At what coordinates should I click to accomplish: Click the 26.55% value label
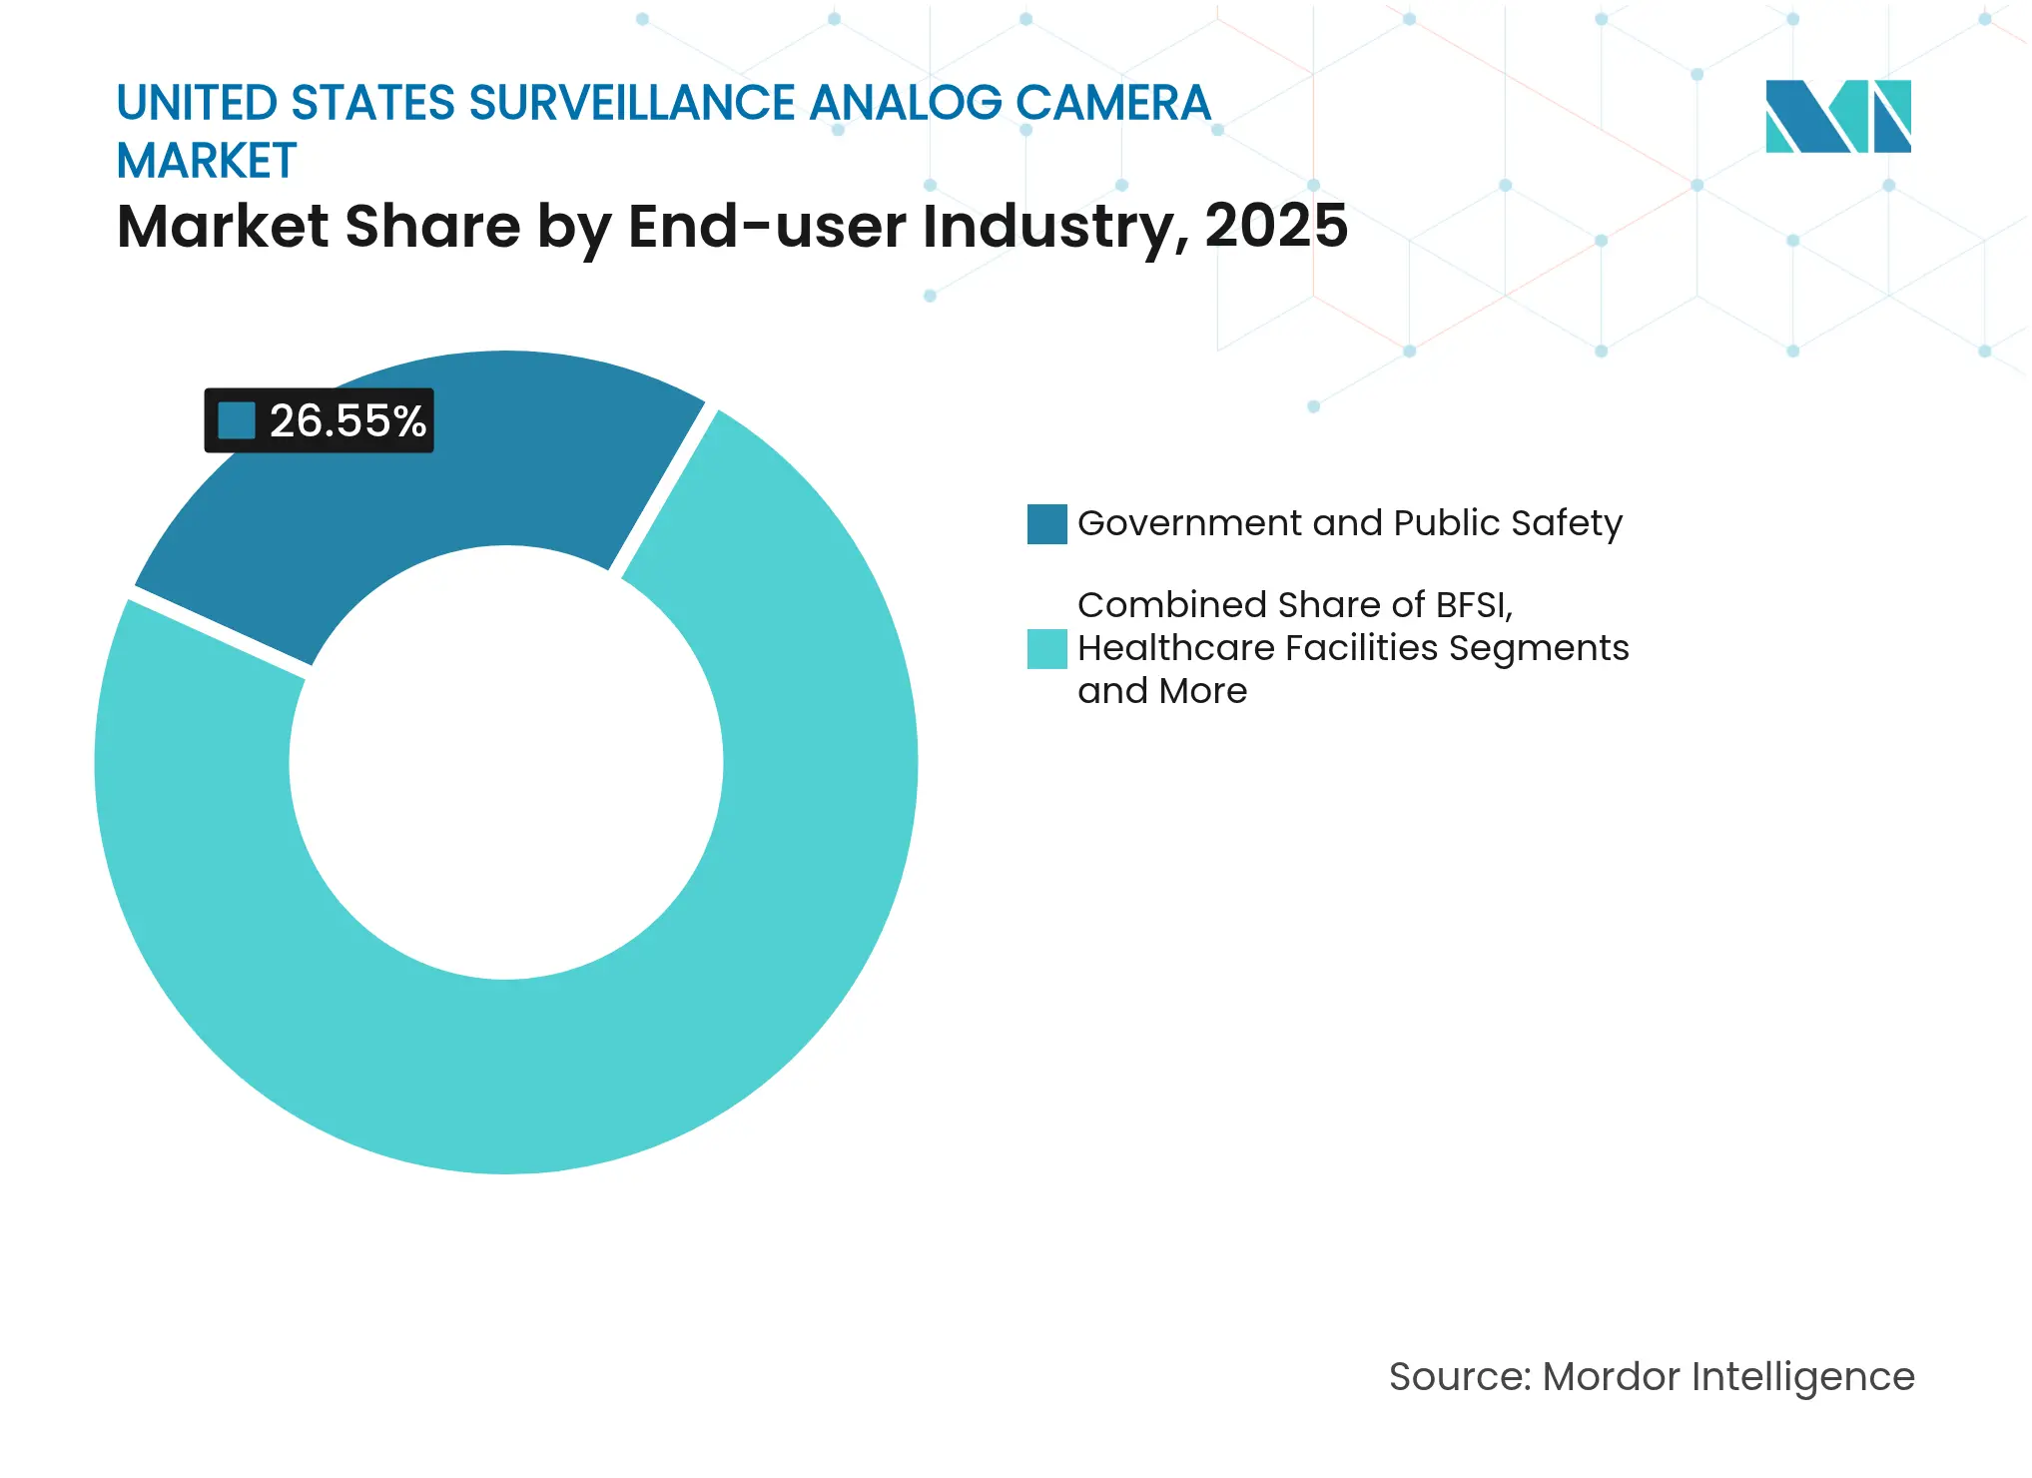[346, 421]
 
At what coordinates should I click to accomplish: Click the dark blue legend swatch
[1046, 524]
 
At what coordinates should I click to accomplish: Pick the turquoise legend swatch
[1046, 649]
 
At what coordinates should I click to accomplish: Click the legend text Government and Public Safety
[1350, 523]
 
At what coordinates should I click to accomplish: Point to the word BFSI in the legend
[1473, 605]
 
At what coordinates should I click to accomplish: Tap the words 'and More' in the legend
[1162, 691]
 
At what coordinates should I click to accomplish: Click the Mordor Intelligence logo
[1837, 117]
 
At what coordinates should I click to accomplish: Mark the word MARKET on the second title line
[207, 162]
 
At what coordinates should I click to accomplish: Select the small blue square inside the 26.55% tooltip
[237, 420]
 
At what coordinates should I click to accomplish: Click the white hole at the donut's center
[506, 763]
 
